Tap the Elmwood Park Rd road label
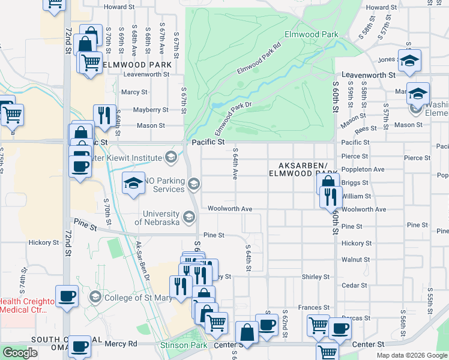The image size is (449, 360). click(x=259, y=58)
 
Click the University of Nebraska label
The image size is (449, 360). click(x=157, y=218)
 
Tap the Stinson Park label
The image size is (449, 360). click(x=179, y=346)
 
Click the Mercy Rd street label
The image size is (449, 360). click(x=121, y=344)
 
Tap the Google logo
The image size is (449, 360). click(x=20, y=353)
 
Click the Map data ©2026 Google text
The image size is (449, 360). click(x=412, y=355)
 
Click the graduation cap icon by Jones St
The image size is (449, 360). click(x=409, y=60)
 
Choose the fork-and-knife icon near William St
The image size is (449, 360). click(x=330, y=196)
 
